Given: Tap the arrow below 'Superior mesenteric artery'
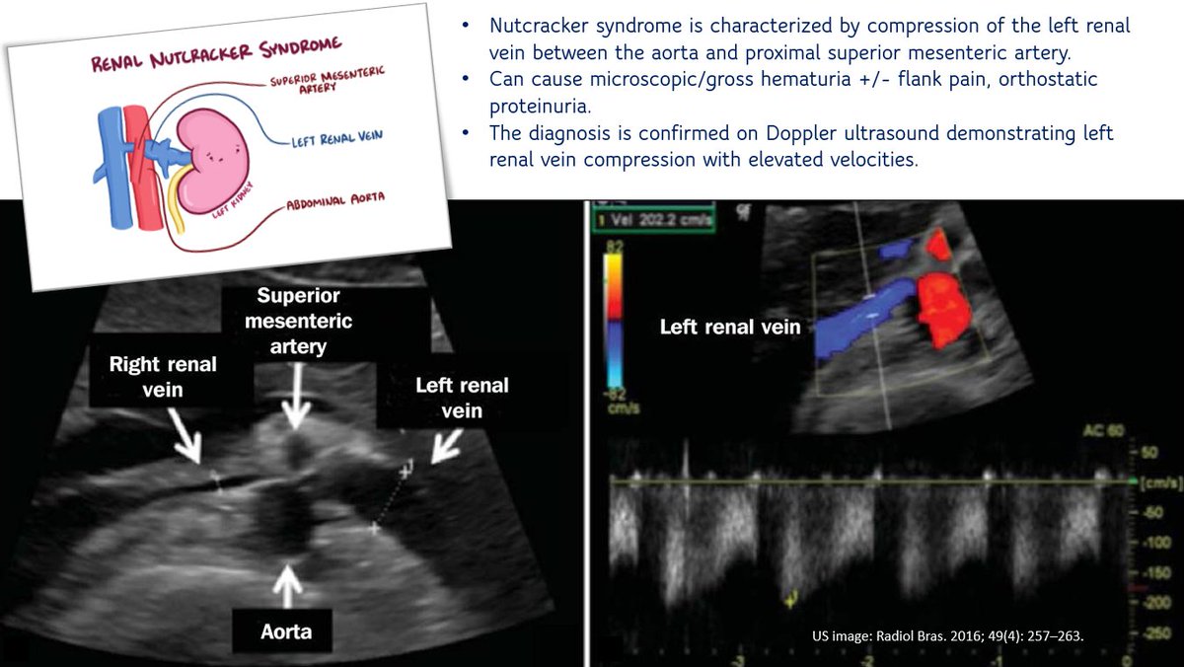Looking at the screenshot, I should (292, 408).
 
